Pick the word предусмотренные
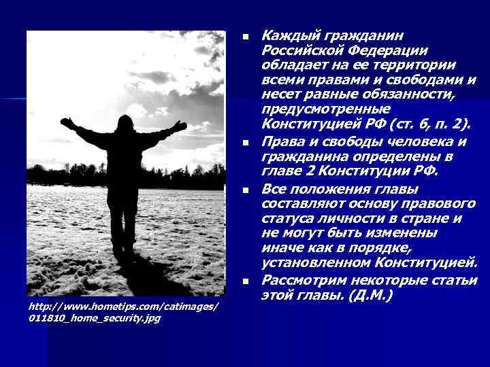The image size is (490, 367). click(326, 109)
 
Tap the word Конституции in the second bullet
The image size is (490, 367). click(361, 170)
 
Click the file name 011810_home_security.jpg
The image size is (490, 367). click(95, 318)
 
